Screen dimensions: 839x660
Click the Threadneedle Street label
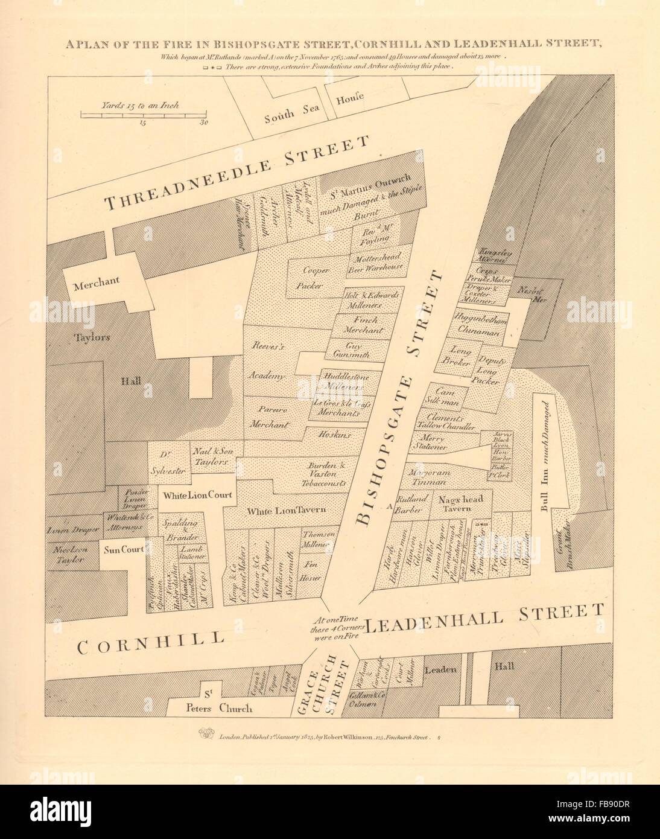[x=236, y=174]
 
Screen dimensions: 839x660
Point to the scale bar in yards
[x=144, y=114]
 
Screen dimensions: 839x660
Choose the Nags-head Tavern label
[x=454, y=503]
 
